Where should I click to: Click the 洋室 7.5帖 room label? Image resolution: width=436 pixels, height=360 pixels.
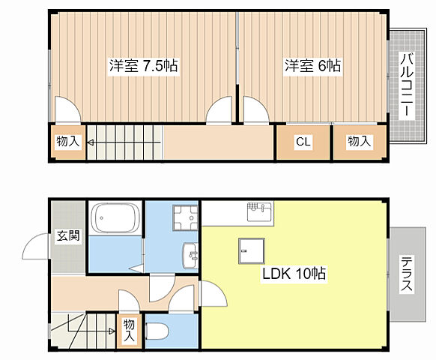click(x=143, y=66)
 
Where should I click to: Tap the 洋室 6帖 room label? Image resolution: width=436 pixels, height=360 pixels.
click(x=312, y=66)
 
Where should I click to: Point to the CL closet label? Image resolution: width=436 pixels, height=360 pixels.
click(x=303, y=141)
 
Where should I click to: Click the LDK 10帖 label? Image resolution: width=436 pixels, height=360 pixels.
click(x=293, y=274)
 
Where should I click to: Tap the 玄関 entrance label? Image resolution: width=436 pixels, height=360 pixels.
click(x=68, y=236)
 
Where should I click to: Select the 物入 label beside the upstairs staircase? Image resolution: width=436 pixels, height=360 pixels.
click(x=68, y=141)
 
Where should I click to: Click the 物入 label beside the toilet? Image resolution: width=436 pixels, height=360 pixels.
click(x=130, y=329)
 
